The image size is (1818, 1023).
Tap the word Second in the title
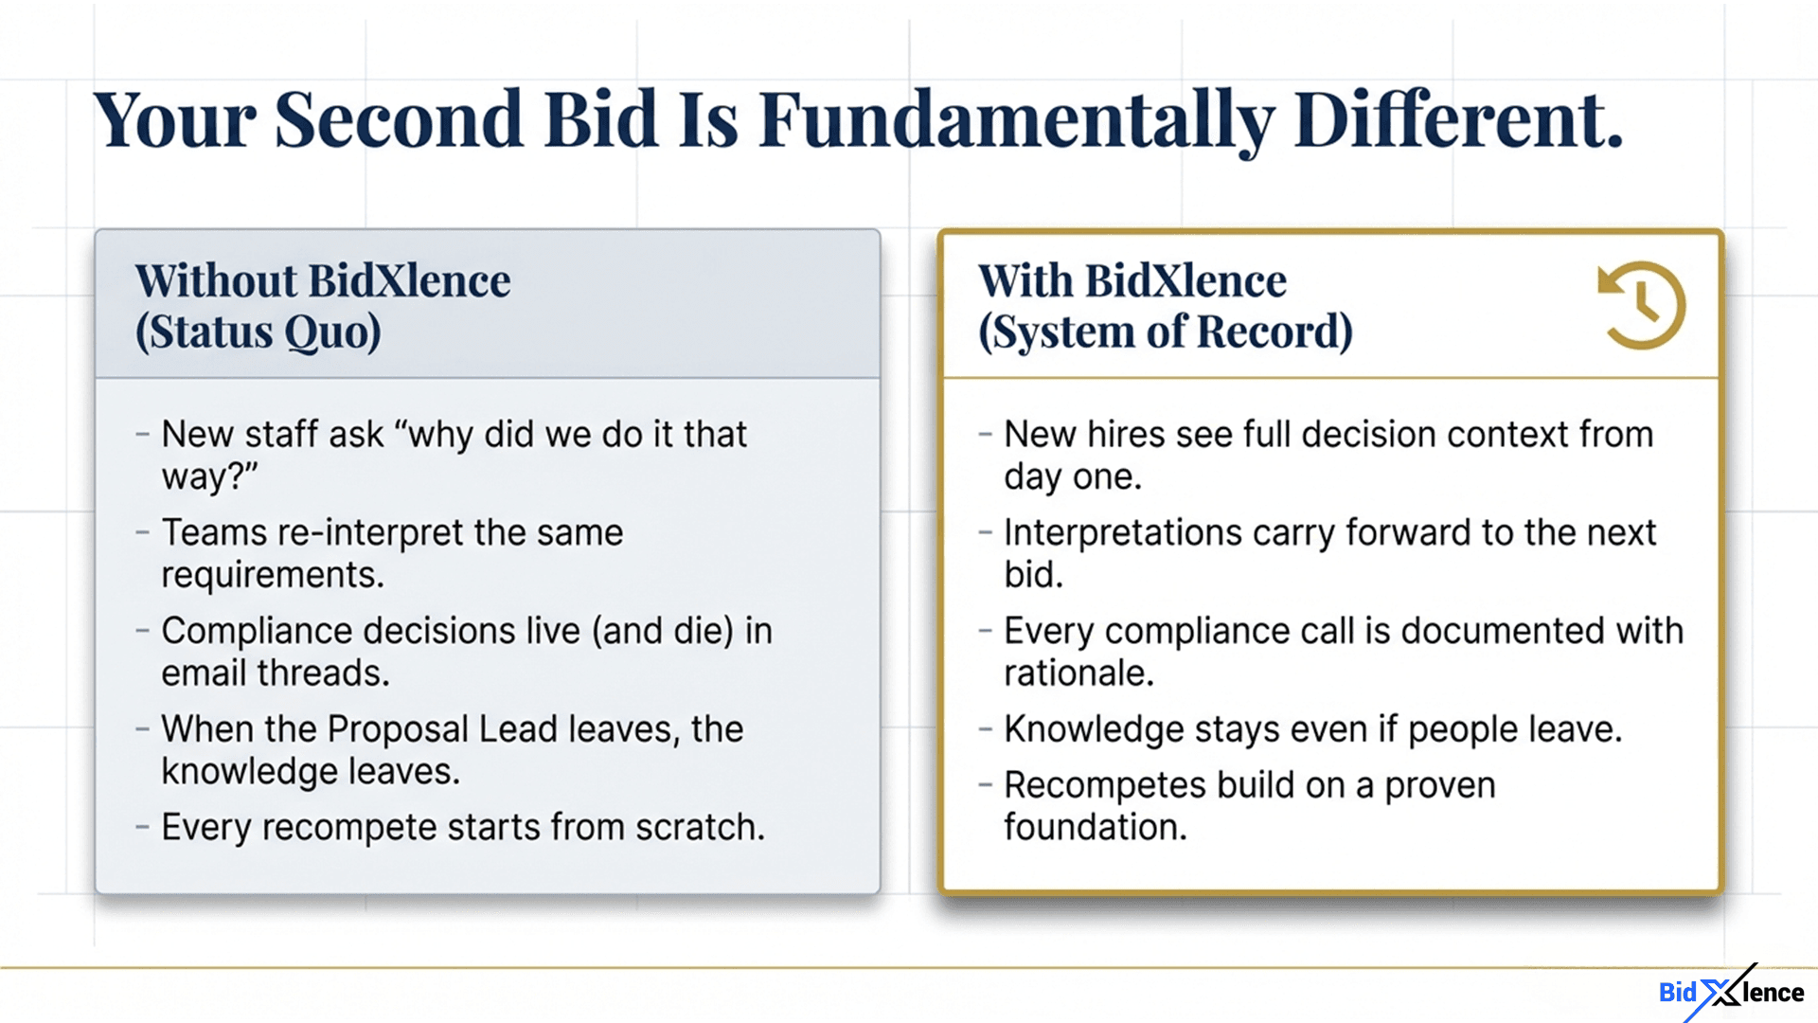(398, 121)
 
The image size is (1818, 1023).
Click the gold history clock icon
(1643, 306)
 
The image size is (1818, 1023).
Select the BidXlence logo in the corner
(1731, 992)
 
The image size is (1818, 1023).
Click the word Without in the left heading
(216, 281)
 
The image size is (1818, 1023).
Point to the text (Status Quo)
(258, 332)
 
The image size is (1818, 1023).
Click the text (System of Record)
(1165, 332)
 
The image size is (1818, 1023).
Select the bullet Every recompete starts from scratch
(462, 828)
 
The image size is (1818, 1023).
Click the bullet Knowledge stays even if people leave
(1312, 729)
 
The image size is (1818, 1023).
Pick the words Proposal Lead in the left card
(442, 729)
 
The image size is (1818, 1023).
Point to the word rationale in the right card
(1078, 673)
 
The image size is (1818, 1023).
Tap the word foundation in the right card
(1094, 828)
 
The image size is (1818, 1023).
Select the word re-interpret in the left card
(370, 533)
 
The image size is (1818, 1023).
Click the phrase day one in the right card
(1071, 477)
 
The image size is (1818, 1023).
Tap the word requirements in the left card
(271, 575)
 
